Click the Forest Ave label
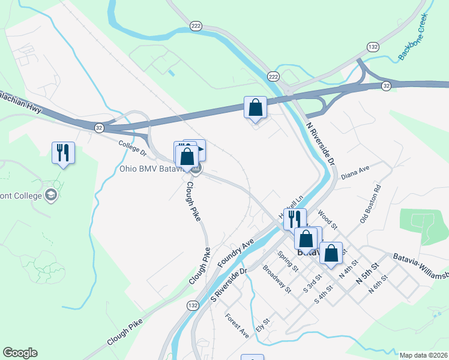click(237, 324)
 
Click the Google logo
click(20, 353)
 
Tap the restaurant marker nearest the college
click(63, 152)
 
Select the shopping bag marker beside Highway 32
click(255, 108)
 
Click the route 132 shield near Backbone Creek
click(373, 47)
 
